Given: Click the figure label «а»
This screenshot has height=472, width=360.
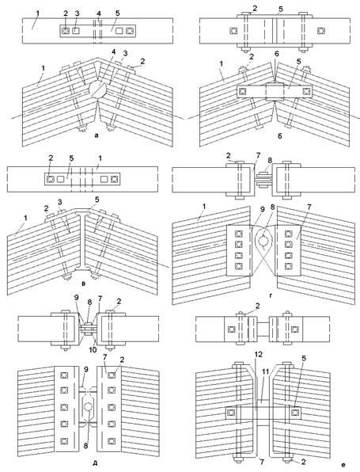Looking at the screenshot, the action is [x=97, y=135].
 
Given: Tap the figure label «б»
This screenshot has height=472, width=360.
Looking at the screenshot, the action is [x=280, y=135].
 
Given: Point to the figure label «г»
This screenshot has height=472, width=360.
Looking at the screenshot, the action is [x=271, y=295].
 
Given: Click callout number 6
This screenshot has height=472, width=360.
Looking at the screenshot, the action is [x=276, y=54].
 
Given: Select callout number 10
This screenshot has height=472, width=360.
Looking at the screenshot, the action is [x=93, y=350].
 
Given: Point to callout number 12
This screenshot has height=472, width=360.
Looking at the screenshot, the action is [x=259, y=354].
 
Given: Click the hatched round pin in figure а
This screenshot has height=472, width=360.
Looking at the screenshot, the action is [x=97, y=89].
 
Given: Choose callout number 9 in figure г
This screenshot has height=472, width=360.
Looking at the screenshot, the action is [x=262, y=209].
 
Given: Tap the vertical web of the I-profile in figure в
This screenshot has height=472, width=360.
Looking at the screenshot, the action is [x=82, y=240].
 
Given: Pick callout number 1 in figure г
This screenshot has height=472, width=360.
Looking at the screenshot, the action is [x=204, y=206].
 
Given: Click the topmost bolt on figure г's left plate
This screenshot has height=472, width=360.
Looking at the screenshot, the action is [x=238, y=234].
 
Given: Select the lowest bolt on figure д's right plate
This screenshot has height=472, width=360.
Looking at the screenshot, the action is [x=112, y=441].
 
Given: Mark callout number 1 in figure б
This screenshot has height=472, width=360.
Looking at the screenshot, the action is [x=222, y=64].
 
